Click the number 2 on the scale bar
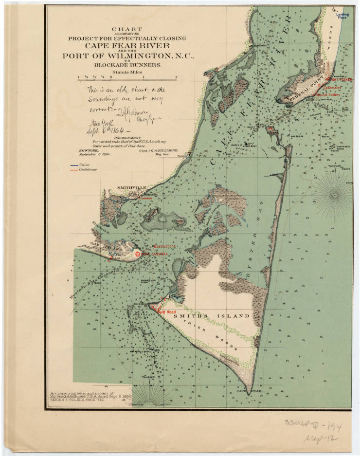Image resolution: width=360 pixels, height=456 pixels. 176,76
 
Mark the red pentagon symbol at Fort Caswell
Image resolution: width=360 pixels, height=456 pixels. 138,254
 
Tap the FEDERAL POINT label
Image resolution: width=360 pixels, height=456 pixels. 305,92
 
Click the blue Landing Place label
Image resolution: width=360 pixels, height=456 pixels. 342,16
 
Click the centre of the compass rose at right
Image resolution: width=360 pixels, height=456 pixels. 335,195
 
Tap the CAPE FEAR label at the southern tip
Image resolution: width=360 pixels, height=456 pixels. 246,390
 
